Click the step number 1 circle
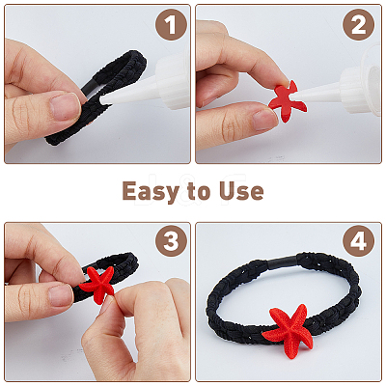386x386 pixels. [x=171, y=24]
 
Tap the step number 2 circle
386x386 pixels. [x=359, y=24]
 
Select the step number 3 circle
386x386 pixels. [x=171, y=241]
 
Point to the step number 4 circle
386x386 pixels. [x=359, y=241]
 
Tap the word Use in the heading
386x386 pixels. [x=241, y=191]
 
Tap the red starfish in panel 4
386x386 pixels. [x=289, y=330]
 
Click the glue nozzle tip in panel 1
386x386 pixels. [x=102, y=100]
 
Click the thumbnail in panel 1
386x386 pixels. [x=66, y=106]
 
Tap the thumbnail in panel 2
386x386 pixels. [x=264, y=119]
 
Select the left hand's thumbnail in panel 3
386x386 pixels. [x=61, y=295]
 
